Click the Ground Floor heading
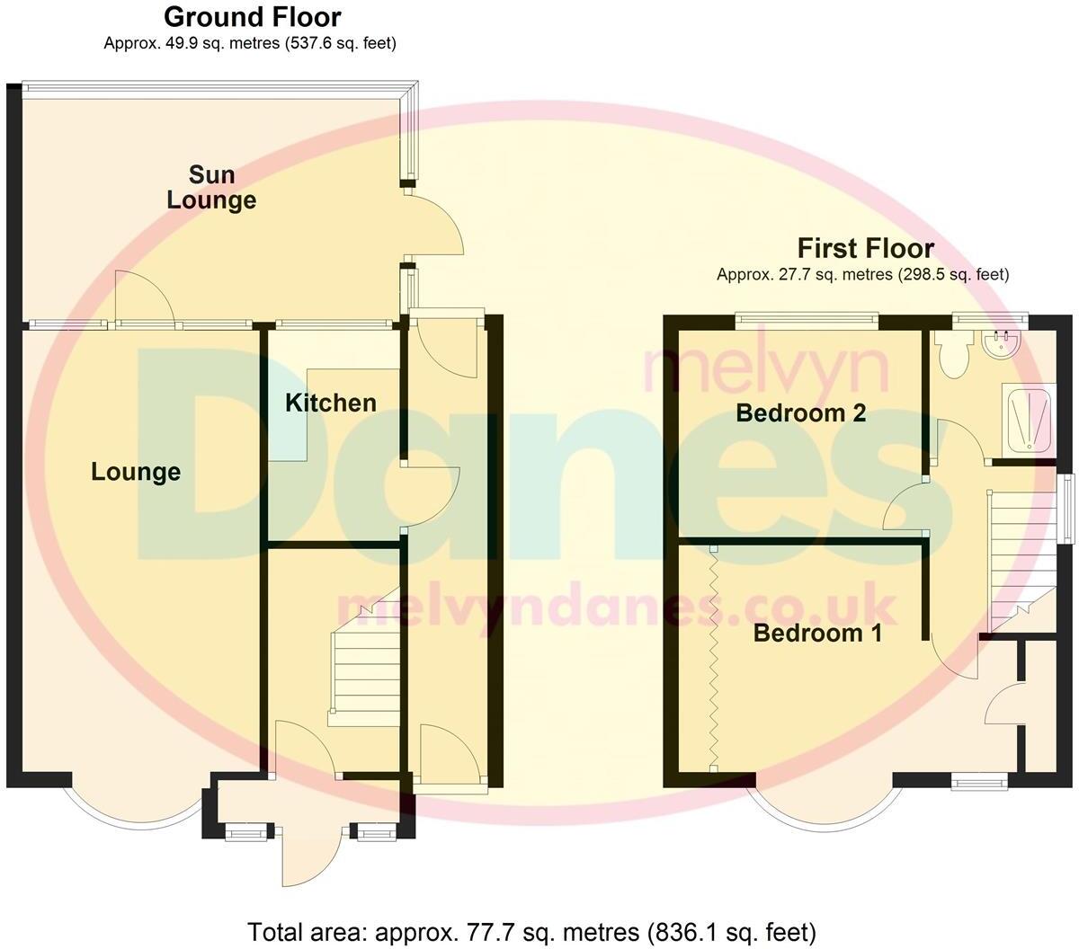coord(253,17)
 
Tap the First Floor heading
coord(865,248)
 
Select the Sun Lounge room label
coord(211,187)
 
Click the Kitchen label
coord(331,403)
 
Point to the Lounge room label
coord(136,472)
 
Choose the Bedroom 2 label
coord(800,413)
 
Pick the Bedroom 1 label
coord(817,634)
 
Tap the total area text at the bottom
coord(531,930)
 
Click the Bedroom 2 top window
coord(806,315)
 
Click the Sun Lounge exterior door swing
coord(436,229)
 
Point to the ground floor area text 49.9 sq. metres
coord(250,43)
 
